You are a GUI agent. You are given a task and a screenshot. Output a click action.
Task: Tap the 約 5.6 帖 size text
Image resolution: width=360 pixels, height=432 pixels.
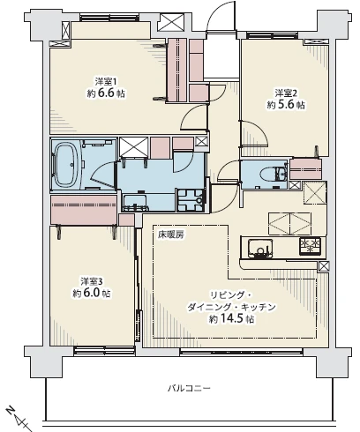pos(286,105)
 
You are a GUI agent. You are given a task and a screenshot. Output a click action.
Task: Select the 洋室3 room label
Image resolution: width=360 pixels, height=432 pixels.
pos(92,281)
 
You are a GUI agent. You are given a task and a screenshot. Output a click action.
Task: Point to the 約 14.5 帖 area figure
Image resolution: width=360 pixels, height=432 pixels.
pos(231,319)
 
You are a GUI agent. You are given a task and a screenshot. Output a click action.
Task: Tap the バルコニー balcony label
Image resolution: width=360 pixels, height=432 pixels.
pos(189,389)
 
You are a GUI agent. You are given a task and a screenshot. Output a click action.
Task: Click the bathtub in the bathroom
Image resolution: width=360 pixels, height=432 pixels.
pos(67,165)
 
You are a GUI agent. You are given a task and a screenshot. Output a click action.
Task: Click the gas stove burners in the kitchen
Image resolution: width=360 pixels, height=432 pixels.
pos(310,246)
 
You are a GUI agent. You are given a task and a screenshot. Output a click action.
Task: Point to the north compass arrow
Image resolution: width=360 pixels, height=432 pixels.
pos(19,418)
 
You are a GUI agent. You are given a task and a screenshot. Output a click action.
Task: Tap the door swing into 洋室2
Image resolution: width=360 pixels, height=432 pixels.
pos(255,132)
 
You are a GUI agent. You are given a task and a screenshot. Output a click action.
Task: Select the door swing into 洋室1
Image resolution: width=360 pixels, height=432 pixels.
pos(192,117)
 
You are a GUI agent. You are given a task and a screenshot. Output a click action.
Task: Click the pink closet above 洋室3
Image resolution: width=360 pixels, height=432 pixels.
pos(84,209)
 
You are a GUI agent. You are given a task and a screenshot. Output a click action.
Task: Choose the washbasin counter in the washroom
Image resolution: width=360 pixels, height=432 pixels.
pos(135,202)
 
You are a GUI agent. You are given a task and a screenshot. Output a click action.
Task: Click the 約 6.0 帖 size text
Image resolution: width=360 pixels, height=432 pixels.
pos(92,294)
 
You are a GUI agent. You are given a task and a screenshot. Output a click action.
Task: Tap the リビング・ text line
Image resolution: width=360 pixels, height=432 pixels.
pos(230,295)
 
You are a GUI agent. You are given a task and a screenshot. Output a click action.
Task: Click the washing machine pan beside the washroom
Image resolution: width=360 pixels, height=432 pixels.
pos(191,200)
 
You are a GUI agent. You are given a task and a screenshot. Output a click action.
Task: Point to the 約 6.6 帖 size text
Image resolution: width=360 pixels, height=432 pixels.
pos(106,93)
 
